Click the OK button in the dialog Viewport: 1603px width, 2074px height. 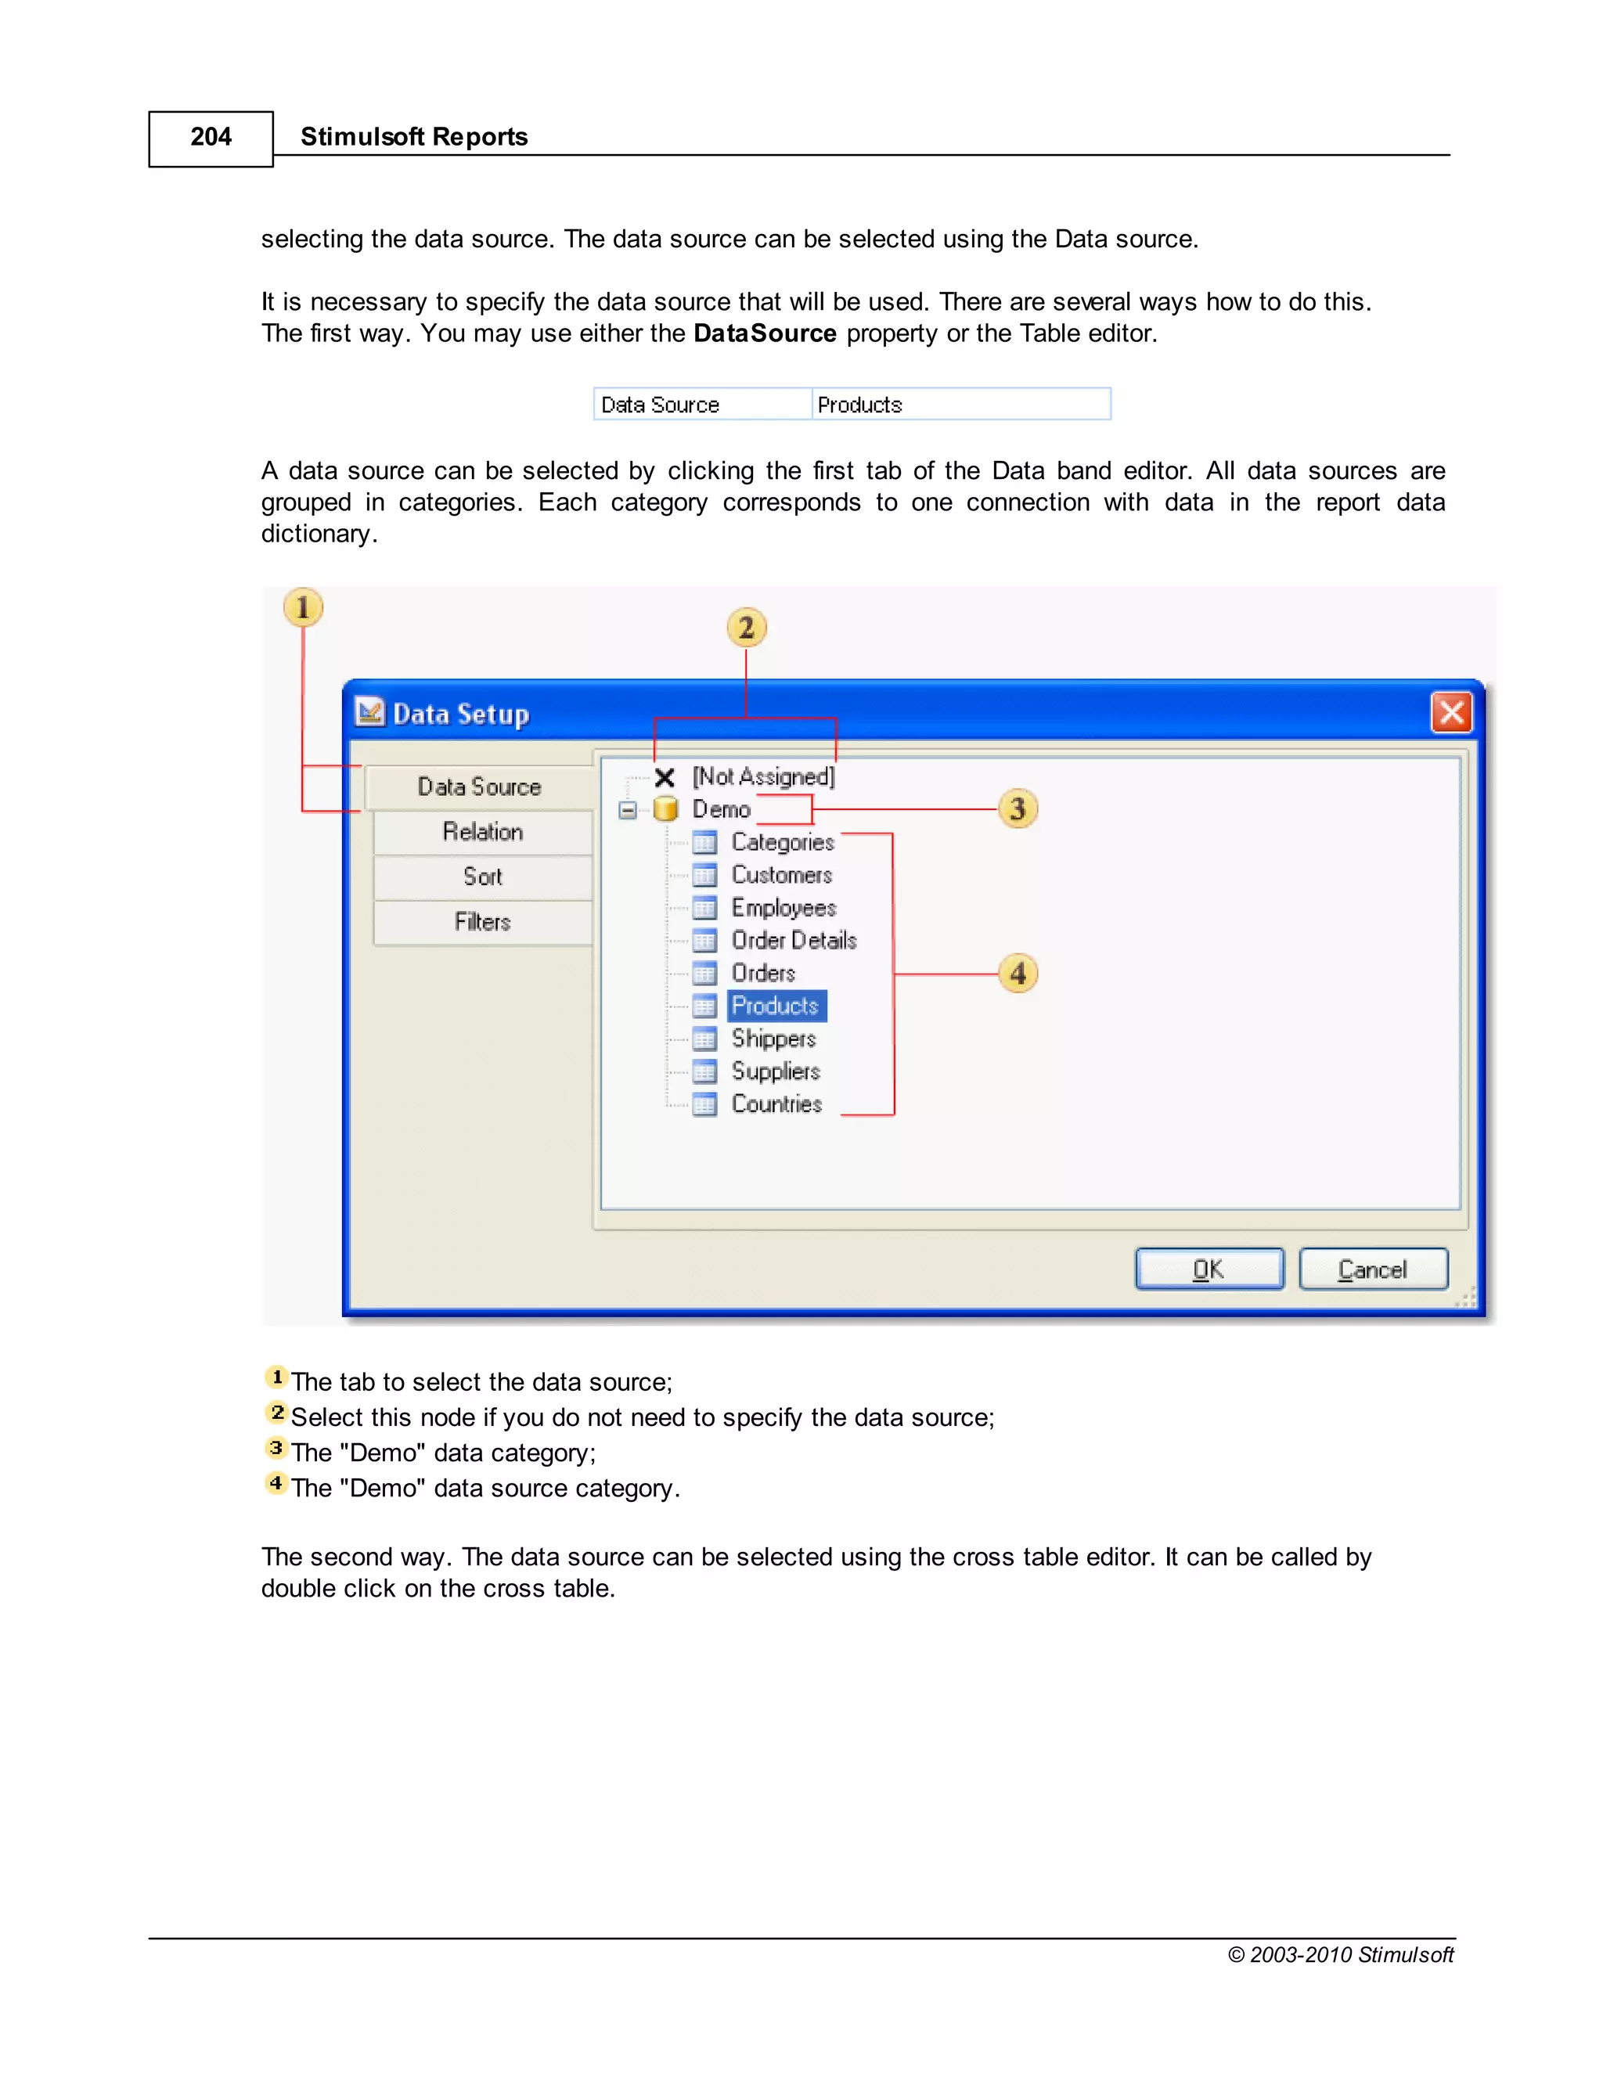(x=1209, y=1269)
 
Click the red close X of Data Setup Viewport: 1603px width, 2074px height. (x=1451, y=712)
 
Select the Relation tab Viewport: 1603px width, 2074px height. (x=482, y=832)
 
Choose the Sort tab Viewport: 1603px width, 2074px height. (x=482, y=877)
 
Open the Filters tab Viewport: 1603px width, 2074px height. (x=482, y=921)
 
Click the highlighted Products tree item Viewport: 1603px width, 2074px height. (x=776, y=1006)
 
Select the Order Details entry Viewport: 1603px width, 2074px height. (x=793, y=940)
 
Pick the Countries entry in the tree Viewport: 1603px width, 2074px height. (x=776, y=1104)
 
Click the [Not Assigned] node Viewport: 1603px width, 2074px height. (x=762, y=777)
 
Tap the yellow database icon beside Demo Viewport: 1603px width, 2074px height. (x=666, y=809)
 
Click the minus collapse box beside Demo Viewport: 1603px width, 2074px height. (x=627, y=810)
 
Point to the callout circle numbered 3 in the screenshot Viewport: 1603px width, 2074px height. (x=1017, y=809)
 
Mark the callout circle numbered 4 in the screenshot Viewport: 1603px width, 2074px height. (x=1017, y=974)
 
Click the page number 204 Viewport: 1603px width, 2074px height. (x=211, y=138)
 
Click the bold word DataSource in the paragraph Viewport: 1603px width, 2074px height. (x=765, y=333)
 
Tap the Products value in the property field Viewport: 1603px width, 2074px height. (x=859, y=405)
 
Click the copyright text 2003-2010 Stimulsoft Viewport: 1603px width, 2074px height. (x=1340, y=1954)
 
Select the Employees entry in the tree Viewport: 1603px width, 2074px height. (x=783, y=908)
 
